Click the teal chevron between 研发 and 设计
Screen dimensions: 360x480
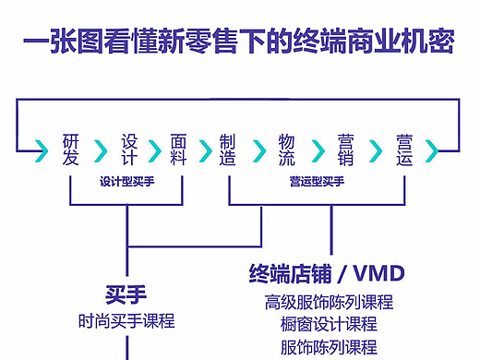point(99,150)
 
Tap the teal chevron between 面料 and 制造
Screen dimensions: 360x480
point(204,150)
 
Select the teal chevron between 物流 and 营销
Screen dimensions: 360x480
point(317,150)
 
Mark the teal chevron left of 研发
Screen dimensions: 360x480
point(42,150)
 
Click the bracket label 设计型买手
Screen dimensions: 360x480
point(126,182)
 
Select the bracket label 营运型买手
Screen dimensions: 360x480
point(316,182)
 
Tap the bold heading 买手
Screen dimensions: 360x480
point(126,295)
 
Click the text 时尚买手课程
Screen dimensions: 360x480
point(126,321)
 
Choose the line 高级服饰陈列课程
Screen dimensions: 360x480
point(329,302)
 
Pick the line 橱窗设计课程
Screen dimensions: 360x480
point(329,324)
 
